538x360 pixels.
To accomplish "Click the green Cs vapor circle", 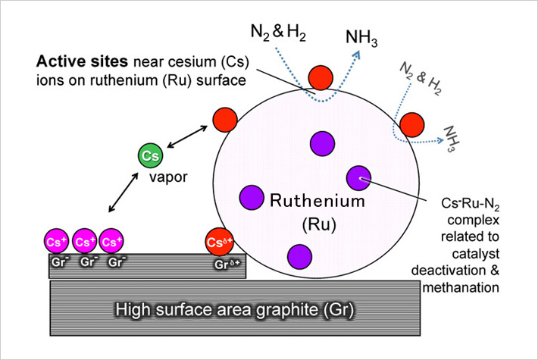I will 149,155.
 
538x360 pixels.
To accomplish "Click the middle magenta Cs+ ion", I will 85,243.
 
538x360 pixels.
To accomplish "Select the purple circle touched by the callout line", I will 358,177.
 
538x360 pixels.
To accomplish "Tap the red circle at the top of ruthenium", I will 321,77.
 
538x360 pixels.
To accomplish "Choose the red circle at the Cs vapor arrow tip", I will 224,121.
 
